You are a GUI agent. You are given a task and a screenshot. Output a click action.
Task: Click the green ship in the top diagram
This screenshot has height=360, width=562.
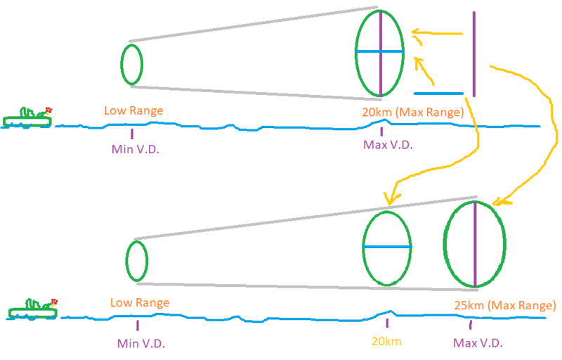click(27, 118)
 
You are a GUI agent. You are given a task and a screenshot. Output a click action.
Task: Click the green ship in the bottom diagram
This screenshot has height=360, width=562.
click(32, 309)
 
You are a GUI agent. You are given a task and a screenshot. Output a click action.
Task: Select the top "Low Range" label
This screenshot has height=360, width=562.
click(133, 110)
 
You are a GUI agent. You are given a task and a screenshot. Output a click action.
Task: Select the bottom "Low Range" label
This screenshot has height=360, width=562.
click(139, 302)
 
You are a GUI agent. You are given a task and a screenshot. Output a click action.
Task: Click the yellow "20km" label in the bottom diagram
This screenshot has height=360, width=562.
click(388, 342)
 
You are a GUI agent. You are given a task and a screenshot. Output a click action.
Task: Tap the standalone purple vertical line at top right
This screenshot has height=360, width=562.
click(474, 53)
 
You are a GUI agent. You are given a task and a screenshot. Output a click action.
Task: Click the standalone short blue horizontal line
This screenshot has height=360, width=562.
click(438, 93)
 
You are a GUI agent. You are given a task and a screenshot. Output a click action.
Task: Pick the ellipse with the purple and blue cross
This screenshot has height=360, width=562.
click(380, 52)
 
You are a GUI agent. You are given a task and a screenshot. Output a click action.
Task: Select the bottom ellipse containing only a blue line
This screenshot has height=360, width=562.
click(386, 247)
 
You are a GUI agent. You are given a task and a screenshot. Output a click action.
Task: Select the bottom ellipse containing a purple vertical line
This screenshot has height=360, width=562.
click(476, 245)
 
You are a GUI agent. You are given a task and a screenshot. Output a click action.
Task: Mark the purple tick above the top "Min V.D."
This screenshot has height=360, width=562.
click(131, 132)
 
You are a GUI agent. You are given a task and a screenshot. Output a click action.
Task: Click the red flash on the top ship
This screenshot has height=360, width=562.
click(48, 110)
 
